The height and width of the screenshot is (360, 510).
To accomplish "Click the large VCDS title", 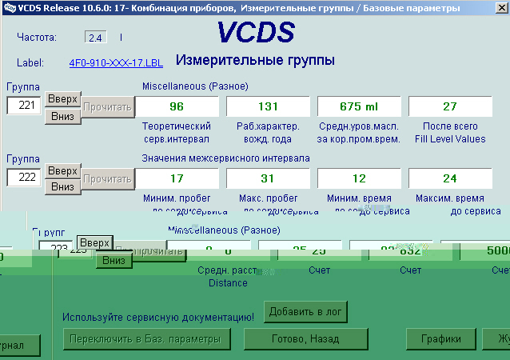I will coord(255,34).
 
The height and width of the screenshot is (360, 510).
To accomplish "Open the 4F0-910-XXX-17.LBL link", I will coord(110,62).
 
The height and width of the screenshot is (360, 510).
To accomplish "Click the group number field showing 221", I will coord(24,105).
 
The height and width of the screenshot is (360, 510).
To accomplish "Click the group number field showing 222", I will coord(24,178).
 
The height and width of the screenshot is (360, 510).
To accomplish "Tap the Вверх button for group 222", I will coord(62,171).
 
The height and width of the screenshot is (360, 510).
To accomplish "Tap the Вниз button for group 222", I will coord(62,186).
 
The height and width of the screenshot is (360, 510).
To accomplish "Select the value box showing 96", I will coord(177,106).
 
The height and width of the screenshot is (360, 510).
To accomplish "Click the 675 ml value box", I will coord(359,106).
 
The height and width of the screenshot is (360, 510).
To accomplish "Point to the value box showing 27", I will coord(450,106).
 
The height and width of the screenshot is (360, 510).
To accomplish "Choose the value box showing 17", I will coord(177,178).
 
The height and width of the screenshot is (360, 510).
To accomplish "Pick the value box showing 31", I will coord(268,178).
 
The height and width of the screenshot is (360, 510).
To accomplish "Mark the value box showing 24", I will coord(450,178).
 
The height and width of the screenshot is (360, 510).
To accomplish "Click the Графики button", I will coord(440,339).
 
